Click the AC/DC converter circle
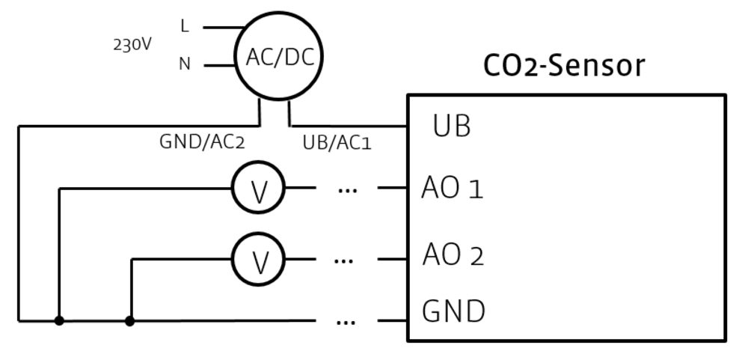coord(278,56)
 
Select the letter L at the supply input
coord(185,26)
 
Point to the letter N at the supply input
coord(185,64)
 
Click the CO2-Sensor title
coord(564,66)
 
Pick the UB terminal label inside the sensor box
coord(452,126)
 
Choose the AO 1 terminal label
coord(453,189)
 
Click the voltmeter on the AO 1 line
coord(259,189)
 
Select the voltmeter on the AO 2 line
coord(259,260)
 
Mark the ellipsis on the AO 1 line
coord(347,190)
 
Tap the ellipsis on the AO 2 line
coord(343,261)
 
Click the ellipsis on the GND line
coord(346,323)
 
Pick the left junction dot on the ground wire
coord(59,321)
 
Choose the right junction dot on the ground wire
coord(130,321)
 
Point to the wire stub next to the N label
coord(219,65)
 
